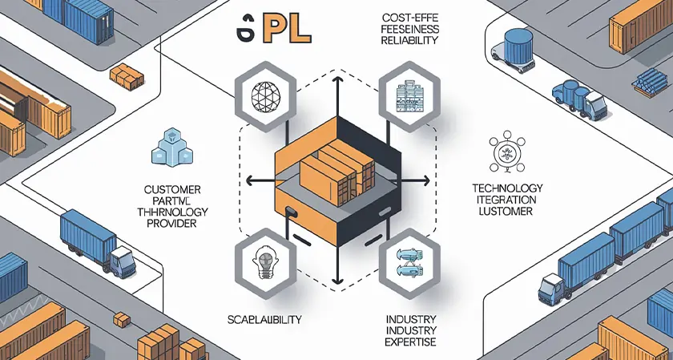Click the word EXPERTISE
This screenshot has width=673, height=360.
[x=409, y=342]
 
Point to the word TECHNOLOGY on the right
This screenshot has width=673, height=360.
[x=507, y=187]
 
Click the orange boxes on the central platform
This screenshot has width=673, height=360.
[x=336, y=172]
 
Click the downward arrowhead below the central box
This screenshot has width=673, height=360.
[x=336, y=281]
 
